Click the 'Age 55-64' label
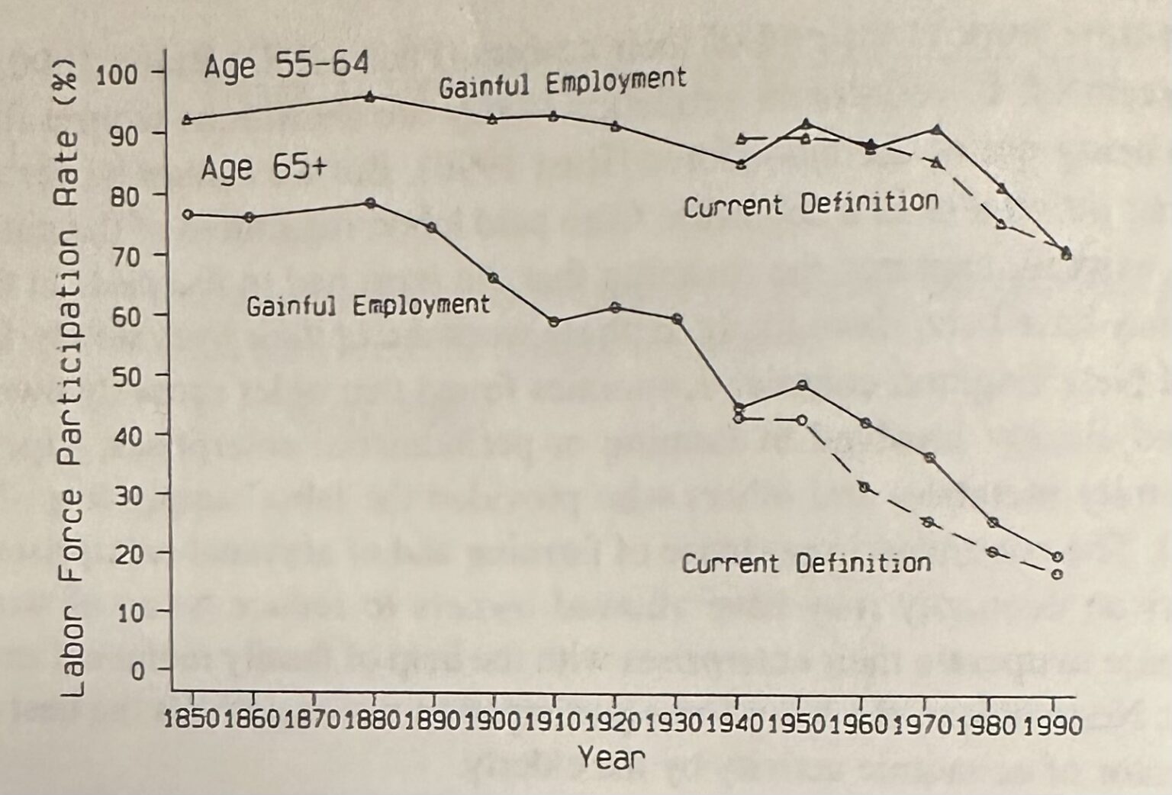(286, 66)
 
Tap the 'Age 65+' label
(263, 167)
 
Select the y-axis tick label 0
(137, 671)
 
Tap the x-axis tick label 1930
(675, 721)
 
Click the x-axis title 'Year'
(611, 758)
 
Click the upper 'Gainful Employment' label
(562, 82)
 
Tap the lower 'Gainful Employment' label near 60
(368, 306)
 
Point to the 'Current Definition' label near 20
(806, 564)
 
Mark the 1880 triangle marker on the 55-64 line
(370, 96)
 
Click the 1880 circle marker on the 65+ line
(370, 203)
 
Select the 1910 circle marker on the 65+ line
(554, 321)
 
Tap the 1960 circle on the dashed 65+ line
(865, 487)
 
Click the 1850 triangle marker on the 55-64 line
(187, 119)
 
